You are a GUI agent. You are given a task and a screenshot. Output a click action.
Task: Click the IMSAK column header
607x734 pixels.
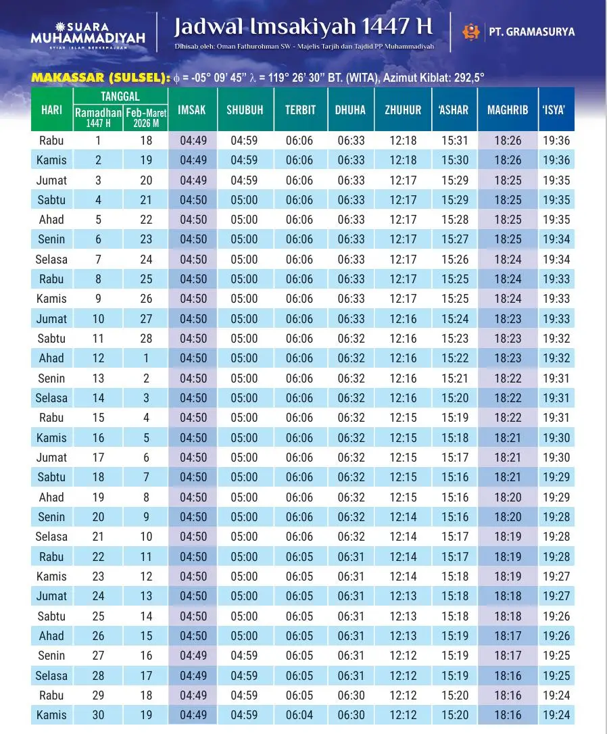click(x=192, y=109)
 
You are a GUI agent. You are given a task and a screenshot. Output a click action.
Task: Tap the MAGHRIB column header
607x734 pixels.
click(x=508, y=109)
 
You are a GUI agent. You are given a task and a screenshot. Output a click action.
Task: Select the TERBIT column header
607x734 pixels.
click(x=300, y=109)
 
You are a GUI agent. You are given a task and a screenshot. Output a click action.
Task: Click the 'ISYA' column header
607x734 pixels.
click(x=554, y=109)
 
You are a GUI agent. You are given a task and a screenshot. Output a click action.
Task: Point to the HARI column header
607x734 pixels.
click(x=52, y=109)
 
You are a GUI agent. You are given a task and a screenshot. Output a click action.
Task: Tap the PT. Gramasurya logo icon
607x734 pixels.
click(x=470, y=31)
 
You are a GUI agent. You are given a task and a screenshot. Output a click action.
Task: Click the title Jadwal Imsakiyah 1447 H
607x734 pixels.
click(x=303, y=27)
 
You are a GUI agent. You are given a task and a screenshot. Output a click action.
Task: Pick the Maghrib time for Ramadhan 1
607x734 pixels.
click(x=508, y=141)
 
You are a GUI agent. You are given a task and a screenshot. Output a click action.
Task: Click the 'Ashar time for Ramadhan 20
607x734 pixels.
click(x=455, y=517)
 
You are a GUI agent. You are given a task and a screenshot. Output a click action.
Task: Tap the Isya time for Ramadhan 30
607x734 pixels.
click(x=556, y=715)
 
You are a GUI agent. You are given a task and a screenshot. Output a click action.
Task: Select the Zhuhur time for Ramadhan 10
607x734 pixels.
click(x=404, y=319)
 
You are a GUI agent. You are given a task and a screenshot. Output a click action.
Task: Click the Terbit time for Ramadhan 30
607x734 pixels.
click(x=299, y=715)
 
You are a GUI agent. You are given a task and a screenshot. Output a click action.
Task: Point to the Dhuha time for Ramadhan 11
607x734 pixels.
click(x=351, y=339)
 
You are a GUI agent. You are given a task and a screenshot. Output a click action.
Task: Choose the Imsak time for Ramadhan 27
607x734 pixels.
click(x=193, y=656)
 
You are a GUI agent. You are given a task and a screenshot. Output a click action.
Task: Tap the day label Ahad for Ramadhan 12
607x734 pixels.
click(x=51, y=358)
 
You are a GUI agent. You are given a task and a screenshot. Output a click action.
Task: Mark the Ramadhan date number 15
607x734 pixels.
click(x=99, y=418)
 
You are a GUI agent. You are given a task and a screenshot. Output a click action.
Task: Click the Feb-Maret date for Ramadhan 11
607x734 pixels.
click(x=147, y=339)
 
